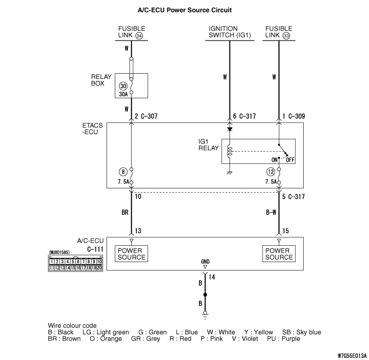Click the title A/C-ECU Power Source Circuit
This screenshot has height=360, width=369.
point(184,9)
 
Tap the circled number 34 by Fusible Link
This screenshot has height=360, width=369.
point(139,36)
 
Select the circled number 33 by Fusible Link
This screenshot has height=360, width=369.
point(286,36)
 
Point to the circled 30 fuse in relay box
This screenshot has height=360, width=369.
point(123,85)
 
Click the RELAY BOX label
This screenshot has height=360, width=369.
point(101,79)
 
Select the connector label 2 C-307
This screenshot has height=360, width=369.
point(148,116)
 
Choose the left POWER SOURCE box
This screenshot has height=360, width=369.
point(132,254)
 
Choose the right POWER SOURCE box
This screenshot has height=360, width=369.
point(278,254)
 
